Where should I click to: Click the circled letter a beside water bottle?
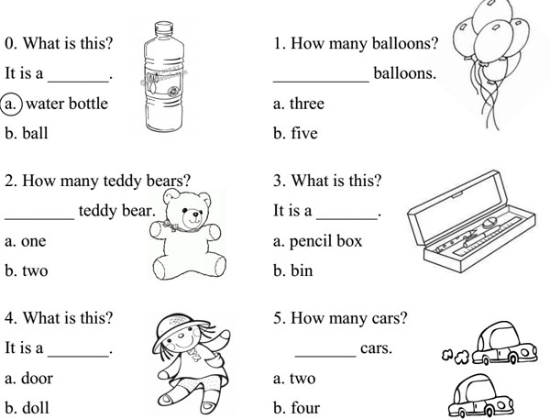point(14,104)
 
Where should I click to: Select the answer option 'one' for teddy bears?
point(33,241)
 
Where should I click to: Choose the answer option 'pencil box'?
point(325,241)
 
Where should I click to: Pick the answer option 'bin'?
point(302,271)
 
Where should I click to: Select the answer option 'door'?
point(38,379)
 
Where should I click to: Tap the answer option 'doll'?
point(36,408)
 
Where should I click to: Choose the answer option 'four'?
point(303,408)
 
